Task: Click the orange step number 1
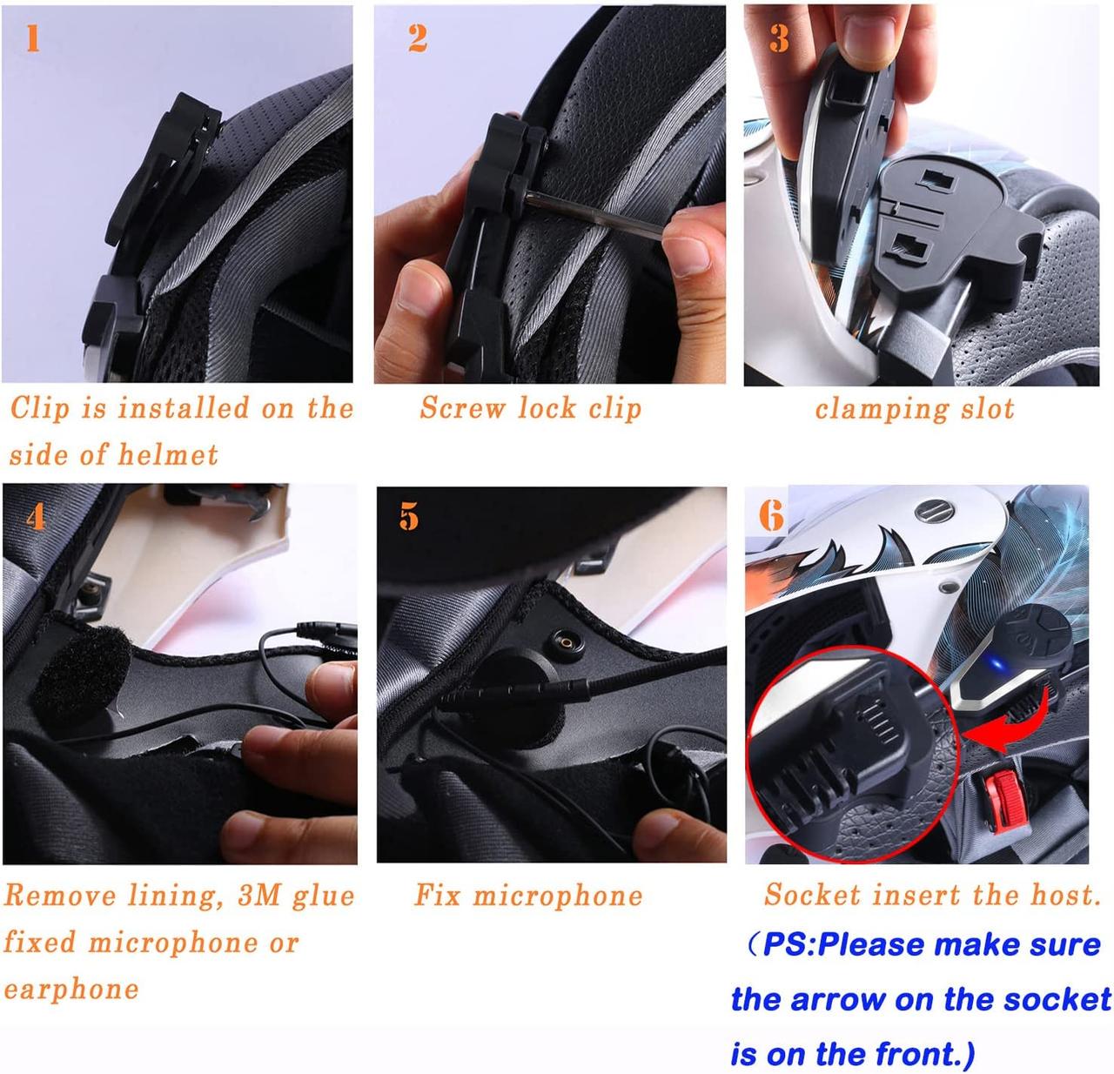33,39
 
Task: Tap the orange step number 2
418,39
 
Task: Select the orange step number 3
779,39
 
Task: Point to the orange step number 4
36,517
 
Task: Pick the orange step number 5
409,517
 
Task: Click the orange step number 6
771,515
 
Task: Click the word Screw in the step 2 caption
462,408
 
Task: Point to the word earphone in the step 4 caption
71,990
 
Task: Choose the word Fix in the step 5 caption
438,896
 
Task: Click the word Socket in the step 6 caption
812,895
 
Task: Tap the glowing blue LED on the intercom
998,664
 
